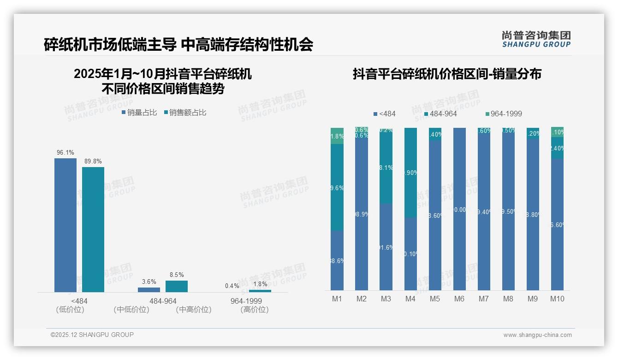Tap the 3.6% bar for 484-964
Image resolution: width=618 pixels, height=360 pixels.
149,290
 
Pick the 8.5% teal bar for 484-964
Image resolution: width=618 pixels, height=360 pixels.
177,286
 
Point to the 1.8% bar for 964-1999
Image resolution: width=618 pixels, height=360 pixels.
260,291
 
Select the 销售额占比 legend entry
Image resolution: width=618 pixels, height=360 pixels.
185,112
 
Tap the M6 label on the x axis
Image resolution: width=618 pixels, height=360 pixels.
459,299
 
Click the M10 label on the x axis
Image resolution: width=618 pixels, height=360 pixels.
557,299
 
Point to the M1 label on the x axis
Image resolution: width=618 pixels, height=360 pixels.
337,299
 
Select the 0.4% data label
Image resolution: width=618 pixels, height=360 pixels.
232,286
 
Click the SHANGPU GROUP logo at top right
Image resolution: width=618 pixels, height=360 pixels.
536,39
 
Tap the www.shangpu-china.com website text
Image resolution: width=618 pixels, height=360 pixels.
537,335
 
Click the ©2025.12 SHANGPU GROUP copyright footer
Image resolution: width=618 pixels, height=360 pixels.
92,335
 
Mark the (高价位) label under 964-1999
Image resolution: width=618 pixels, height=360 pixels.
254,310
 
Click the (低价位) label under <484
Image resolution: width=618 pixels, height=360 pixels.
70,310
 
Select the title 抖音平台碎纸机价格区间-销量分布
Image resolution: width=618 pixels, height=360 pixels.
447,74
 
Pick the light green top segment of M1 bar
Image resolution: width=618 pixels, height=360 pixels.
337,136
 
